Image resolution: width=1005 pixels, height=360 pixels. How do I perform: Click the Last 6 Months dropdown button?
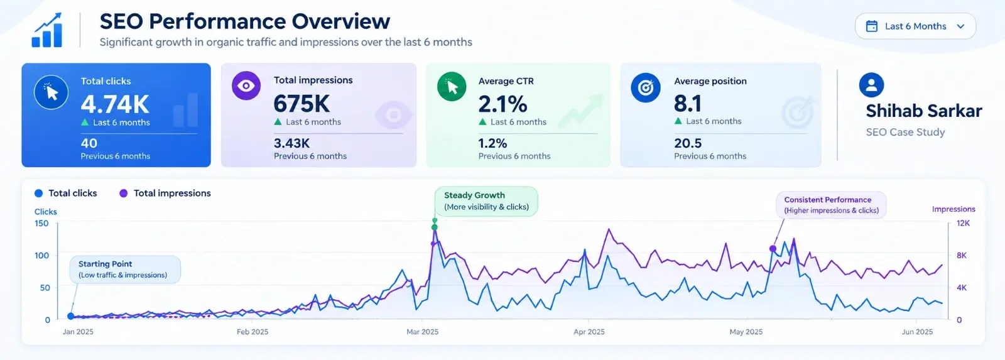(x=915, y=26)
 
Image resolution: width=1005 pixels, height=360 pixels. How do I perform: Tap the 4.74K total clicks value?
(x=115, y=104)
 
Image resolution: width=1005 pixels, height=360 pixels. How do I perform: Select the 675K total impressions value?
(x=301, y=104)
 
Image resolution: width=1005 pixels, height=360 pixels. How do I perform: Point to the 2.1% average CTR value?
(x=503, y=104)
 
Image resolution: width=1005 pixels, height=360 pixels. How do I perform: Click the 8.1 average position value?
(x=687, y=104)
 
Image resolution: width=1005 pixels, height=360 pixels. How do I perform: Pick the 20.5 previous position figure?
(x=688, y=143)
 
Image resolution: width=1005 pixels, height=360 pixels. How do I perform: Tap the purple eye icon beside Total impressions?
(x=246, y=85)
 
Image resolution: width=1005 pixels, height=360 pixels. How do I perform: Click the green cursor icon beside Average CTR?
(x=452, y=86)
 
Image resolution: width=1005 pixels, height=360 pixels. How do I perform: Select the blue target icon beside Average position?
(x=646, y=87)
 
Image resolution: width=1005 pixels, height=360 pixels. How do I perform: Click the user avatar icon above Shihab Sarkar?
(x=871, y=85)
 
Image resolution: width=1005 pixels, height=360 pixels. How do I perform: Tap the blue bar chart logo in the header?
(x=46, y=30)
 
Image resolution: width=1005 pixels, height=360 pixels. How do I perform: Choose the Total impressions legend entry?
(x=165, y=193)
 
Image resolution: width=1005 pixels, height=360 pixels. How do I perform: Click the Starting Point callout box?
(x=125, y=270)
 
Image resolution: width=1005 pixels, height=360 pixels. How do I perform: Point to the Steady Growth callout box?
(x=486, y=201)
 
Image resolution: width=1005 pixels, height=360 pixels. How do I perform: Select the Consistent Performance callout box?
(x=832, y=205)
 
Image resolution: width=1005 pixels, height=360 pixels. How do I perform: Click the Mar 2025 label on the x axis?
(x=422, y=332)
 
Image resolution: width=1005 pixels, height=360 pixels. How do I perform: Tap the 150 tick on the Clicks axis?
(x=41, y=223)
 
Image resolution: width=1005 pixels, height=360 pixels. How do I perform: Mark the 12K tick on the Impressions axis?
(x=964, y=223)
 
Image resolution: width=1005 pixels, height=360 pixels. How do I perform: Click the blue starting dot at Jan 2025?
(x=70, y=316)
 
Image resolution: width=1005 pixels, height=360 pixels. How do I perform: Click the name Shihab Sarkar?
(x=924, y=111)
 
